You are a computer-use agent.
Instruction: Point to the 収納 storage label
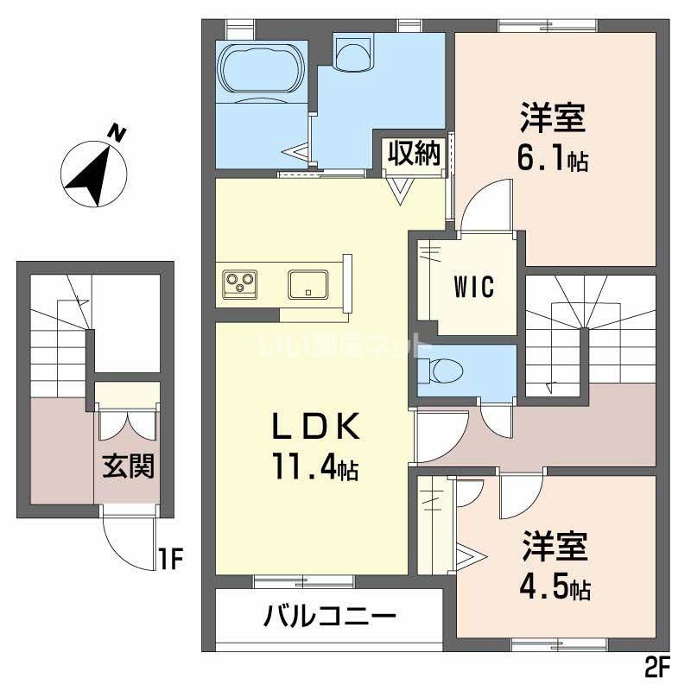[414, 154]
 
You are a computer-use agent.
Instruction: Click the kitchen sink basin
[307, 283]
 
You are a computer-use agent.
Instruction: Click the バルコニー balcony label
[330, 617]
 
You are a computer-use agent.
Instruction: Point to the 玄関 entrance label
[129, 467]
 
